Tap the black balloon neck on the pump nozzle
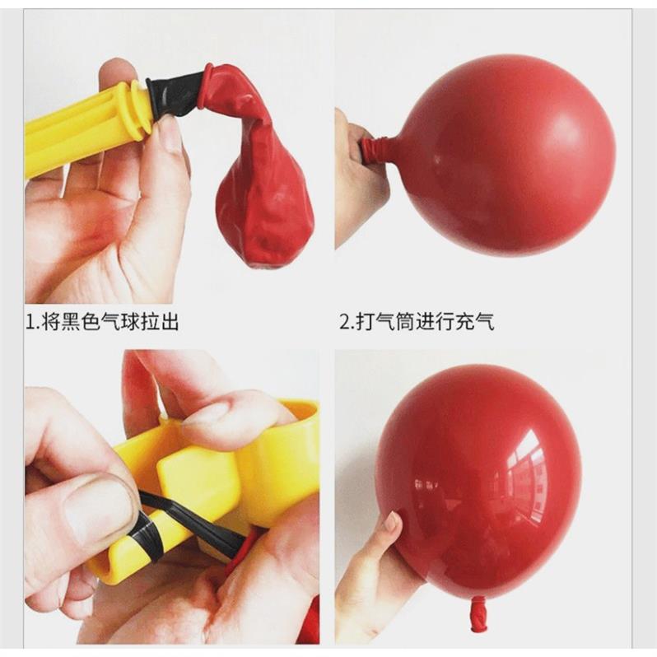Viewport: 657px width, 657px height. click(x=174, y=95)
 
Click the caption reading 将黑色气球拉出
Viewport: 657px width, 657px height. click(x=110, y=323)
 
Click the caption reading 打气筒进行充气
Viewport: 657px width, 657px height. click(x=425, y=323)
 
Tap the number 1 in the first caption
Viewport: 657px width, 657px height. click(x=30, y=323)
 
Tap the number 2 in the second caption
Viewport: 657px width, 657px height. click(x=344, y=323)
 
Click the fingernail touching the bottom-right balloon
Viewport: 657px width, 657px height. click(x=393, y=521)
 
